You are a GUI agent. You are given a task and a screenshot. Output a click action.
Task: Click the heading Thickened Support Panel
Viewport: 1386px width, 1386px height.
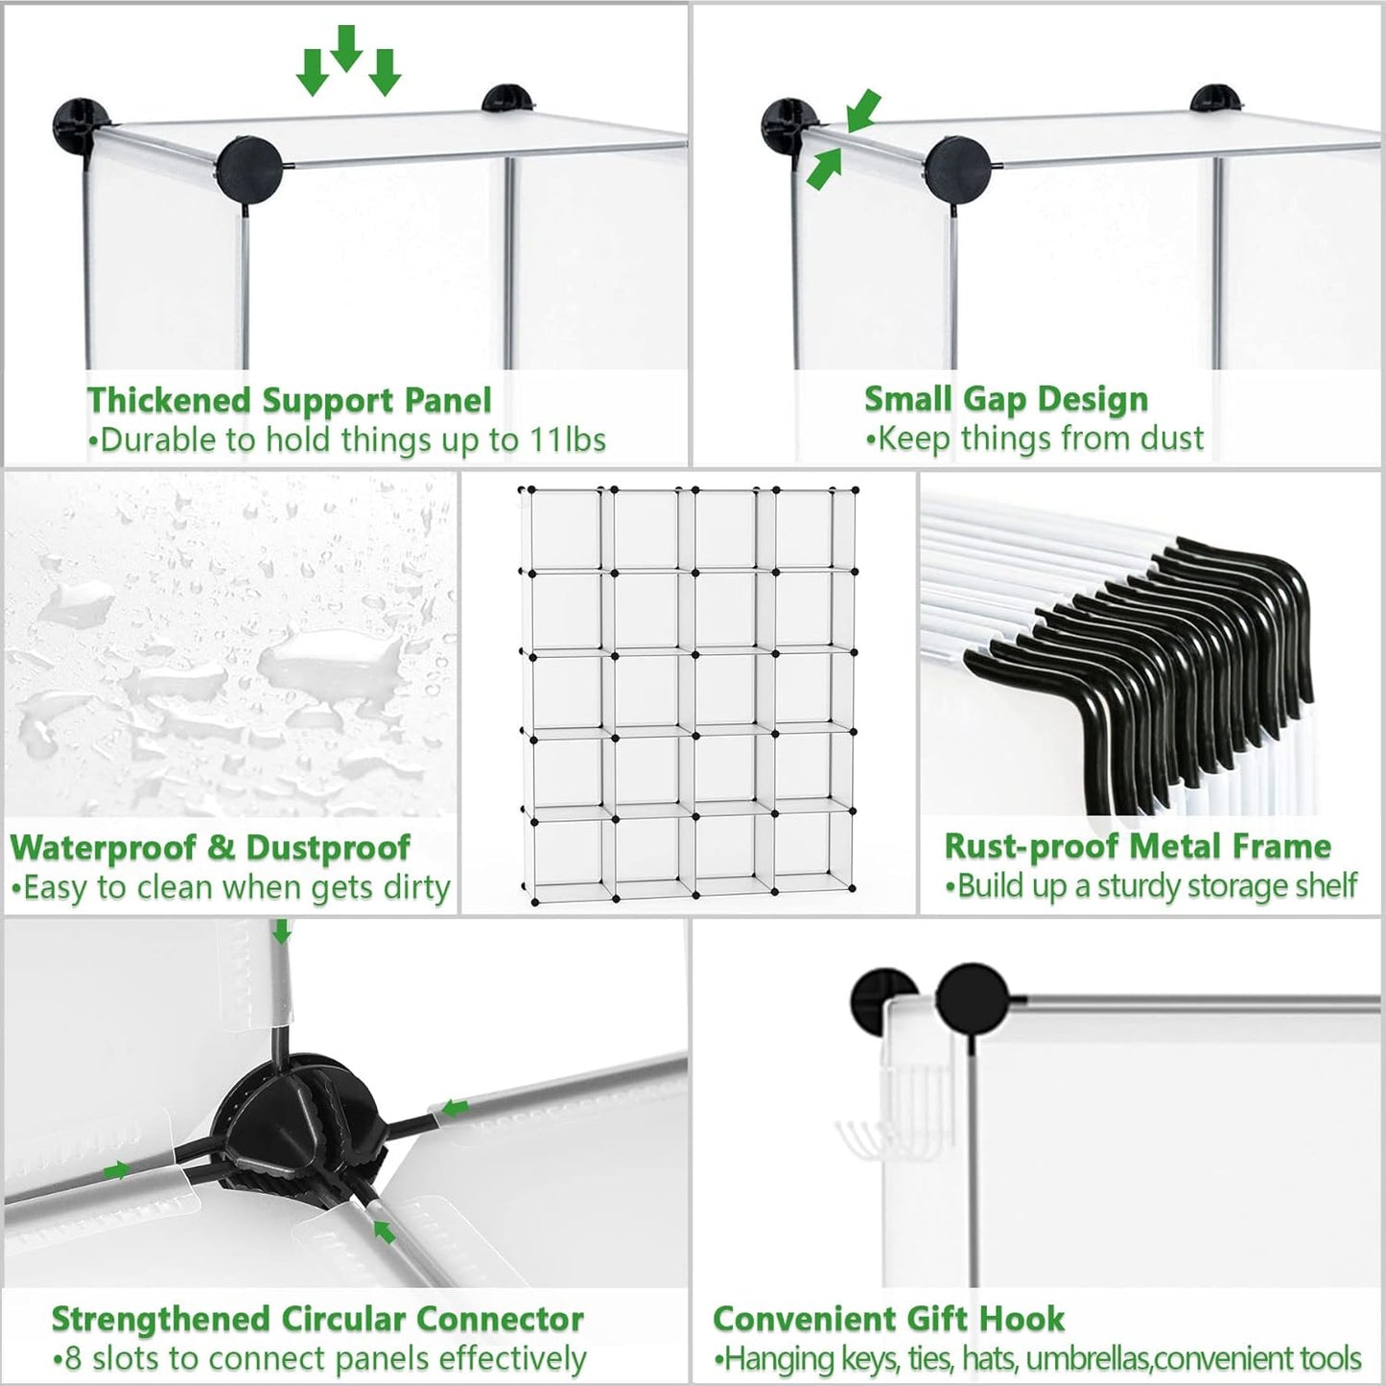[x=289, y=400]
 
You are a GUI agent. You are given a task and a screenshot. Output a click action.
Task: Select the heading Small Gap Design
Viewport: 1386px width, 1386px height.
[x=1005, y=399]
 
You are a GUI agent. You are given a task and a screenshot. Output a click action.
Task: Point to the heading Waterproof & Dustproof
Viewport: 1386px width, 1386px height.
[x=210, y=847]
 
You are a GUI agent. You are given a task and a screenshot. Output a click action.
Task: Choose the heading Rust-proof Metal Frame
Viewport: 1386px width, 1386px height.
[x=1138, y=846]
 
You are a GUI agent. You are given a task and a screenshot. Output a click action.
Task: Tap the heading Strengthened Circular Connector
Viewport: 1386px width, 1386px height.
[x=317, y=1319]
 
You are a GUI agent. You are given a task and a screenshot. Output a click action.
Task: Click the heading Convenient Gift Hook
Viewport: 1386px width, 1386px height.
[x=888, y=1319]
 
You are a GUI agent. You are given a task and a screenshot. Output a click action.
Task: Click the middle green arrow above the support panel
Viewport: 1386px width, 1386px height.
[x=346, y=48]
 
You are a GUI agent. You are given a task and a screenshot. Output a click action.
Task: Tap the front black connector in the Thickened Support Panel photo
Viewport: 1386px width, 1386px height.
[x=248, y=170]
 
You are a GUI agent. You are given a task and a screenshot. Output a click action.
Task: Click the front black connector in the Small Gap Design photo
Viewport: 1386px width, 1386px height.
[x=958, y=170]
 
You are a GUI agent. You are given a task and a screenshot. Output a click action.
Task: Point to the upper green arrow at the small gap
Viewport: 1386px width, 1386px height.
[x=863, y=110]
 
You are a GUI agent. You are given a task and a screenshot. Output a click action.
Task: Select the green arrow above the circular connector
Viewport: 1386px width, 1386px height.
[x=282, y=930]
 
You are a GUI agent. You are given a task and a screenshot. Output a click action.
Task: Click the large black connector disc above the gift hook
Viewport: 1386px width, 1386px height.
[x=973, y=999]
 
